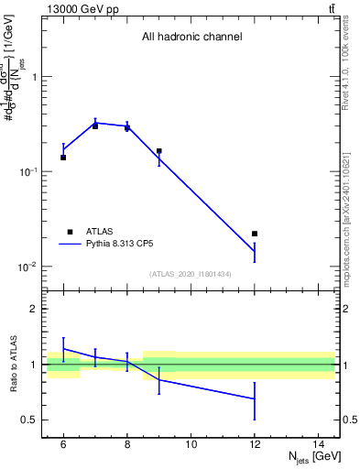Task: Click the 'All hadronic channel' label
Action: click(191, 38)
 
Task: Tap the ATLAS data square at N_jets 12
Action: click(255, 234)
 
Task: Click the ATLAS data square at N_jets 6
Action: click(63, 158)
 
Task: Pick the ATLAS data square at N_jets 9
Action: click(158, 151)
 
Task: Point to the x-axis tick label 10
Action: click(191, 444)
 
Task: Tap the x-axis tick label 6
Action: click(63, 444)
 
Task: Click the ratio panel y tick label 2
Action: click(35, 310)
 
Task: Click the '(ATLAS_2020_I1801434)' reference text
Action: click(191, 274)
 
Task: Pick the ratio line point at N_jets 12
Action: click(255, 398)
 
